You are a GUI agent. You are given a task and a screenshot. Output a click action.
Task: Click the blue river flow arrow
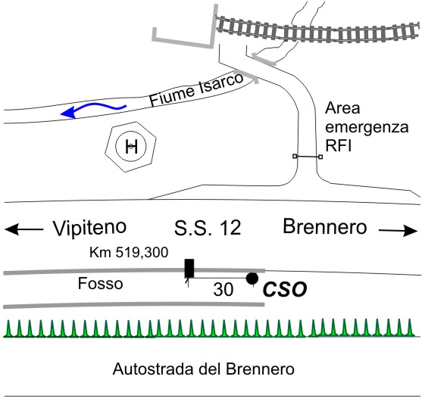click(x=93, y=107)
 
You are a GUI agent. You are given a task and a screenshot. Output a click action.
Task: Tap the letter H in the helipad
click(x=131, y=147)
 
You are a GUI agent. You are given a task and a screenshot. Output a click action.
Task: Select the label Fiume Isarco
click(x=196, y=89)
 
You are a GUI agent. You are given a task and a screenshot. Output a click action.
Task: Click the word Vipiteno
click(x=89, y=228)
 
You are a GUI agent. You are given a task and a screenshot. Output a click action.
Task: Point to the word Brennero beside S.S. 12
click(x=325, y=226)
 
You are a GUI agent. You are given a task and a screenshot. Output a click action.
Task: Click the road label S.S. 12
click(x=208, y=228)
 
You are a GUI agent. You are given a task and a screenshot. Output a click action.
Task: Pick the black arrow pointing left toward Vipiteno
click(x=24, y=230)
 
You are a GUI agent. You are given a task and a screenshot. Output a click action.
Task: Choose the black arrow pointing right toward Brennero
click(x=398, y=231)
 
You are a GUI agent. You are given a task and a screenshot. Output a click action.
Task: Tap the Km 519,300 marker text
click(x=129, y=253)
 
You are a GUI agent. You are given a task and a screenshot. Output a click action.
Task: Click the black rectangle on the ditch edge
click(x=189, y=269)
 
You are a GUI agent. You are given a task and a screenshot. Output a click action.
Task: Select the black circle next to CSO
click(x=252, y=279)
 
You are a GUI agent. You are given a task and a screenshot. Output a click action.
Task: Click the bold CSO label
click(x=285, y=289)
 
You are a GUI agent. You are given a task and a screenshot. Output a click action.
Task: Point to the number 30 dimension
click(x=223, y=290)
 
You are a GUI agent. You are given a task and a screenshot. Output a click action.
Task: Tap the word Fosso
click(x=101, y=283)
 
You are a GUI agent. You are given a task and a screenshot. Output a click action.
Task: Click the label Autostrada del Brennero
click(x=204, y=369)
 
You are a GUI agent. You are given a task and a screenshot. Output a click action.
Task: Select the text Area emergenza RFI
click(x=367, y=127)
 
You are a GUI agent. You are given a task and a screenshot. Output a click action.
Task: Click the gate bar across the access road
click(x=308, y=156)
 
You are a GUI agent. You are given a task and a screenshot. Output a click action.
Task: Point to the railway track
click(x=317, y=30)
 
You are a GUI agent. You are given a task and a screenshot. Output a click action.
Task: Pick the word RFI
click(x=339, y=145)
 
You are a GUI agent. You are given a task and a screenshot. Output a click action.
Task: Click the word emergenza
click(x=367, y=127)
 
